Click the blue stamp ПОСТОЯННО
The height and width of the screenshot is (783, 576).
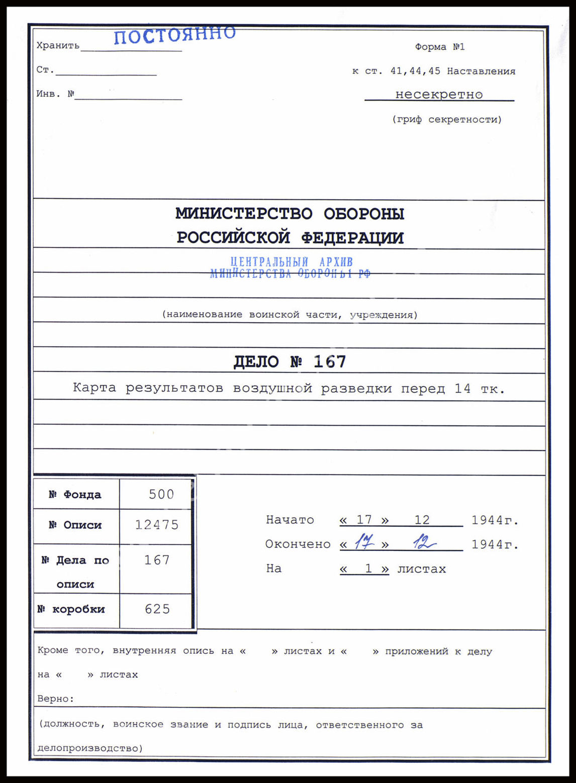coord(174,35)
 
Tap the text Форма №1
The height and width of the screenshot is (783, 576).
coord(440,47)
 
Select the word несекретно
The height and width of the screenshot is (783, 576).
coord(439,94)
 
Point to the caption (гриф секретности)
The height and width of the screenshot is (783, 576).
coord(447,119)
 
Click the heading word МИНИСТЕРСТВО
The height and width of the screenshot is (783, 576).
coord(244,213)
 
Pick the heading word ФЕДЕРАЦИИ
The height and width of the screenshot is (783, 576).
coord(352,238)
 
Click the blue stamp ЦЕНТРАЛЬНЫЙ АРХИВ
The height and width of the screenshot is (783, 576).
coord(292,262)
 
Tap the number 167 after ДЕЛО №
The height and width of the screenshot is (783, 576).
coord(330,361)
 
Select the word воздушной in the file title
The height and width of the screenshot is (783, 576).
coord(272,388)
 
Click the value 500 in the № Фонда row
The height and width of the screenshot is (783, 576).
coord(161,494)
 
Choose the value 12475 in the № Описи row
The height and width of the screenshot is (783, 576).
coord(157,525)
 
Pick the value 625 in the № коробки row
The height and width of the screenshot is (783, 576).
coord(157,609)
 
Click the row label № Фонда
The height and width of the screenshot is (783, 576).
coord(75,495)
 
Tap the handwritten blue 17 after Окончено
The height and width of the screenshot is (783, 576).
coord(364,542)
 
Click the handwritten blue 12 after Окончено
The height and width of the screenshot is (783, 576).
coord(424,542)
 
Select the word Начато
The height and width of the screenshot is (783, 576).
coord(290,520)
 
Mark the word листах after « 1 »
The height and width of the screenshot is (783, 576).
coord(421,569)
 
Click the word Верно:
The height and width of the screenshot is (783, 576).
coord(55,698)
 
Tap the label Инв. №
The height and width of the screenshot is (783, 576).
coord(55,94)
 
